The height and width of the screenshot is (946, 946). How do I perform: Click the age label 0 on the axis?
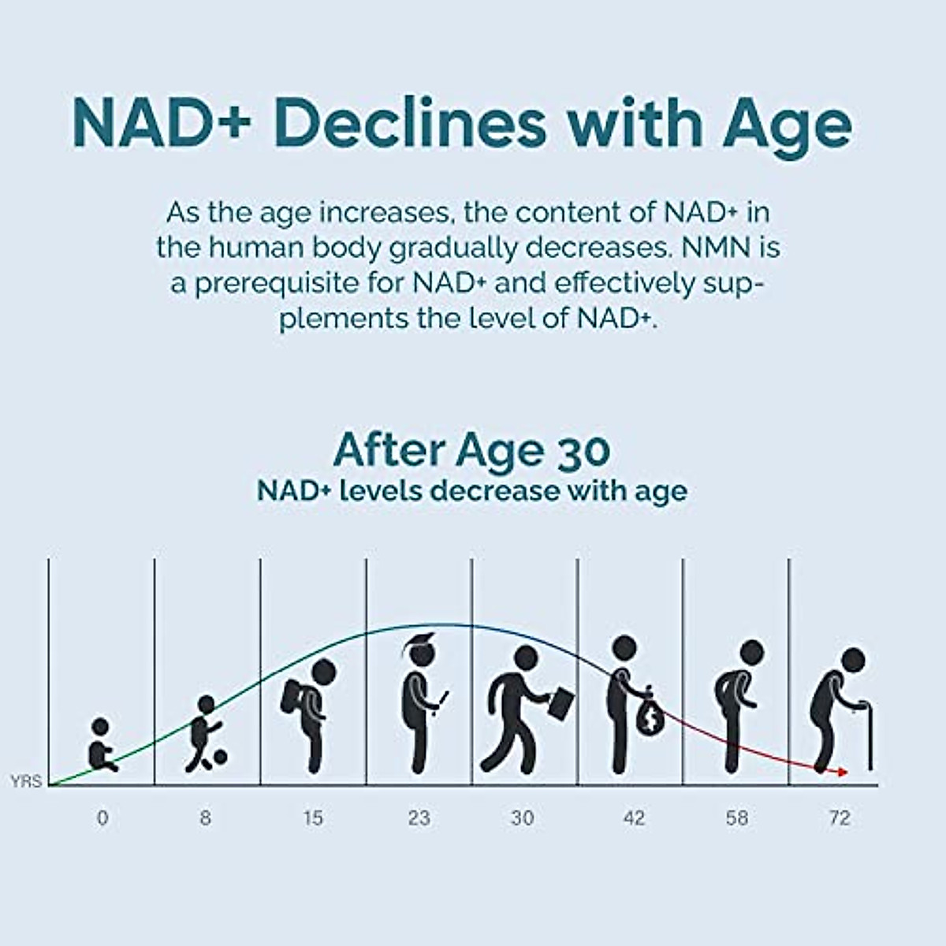(102, 818)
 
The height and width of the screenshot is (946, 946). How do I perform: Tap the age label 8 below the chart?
(205, 818)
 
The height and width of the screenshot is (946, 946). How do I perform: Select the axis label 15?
(313, 818)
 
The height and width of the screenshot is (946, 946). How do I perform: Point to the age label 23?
(419, 818)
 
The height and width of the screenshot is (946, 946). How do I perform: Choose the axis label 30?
(522, 818)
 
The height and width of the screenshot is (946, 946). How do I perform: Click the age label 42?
(634, 818)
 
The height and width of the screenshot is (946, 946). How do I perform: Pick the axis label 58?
(737, 818)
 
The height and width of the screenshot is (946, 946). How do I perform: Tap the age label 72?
(840, 818)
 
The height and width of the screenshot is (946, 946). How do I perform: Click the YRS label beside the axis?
(26, 782)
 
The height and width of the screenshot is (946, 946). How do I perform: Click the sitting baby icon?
(100, 746)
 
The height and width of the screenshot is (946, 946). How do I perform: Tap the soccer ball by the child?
(219, 757)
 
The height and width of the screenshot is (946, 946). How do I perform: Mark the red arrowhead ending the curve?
(844, 772)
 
